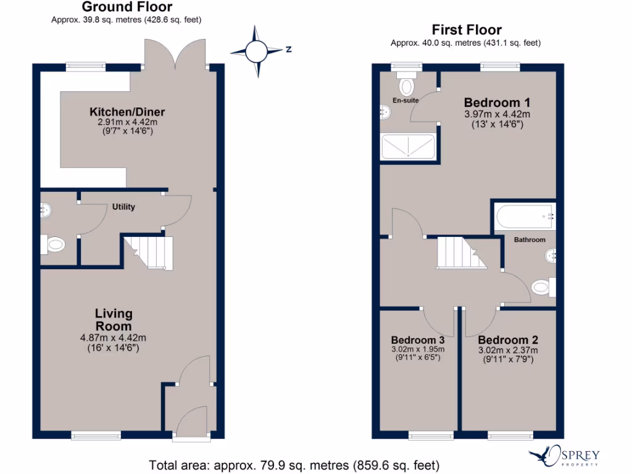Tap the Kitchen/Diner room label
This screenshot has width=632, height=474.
[x=128, y=112]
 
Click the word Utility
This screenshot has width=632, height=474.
[x=123, y=207]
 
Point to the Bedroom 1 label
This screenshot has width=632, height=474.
[x=497, y=102]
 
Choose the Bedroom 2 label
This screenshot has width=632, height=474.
[x=508, y=340]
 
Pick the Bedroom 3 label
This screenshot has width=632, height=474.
[x=418, y=340]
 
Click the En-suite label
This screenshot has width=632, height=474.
[x=406, y=100]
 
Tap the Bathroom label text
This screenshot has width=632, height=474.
[x=530, y=239]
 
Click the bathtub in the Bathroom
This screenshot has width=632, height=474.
[x=525, y=217]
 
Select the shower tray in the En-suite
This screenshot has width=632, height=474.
[x=409, y=148]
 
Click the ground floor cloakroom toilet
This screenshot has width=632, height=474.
[x=54, y=245]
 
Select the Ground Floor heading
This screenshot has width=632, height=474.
[x=127, y=7]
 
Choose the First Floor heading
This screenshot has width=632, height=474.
[x=466, y=30]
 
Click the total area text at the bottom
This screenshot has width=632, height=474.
[x=294, y=464]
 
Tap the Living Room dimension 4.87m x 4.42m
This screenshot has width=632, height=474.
[x=113, y=338]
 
